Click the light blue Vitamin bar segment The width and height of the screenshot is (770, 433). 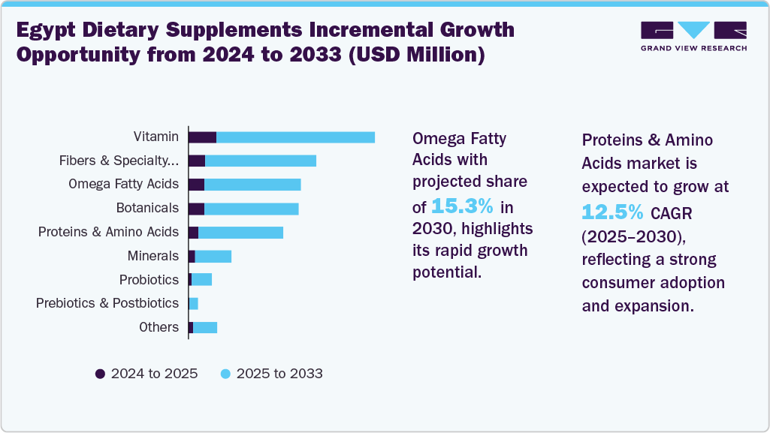pos(295,137)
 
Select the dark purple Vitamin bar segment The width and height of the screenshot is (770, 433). pos(202,137)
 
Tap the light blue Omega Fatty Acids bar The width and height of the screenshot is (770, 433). pos(252,185)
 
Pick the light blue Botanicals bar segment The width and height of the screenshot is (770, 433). pos(251,209)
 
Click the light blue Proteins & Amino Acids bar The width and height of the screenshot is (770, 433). pos(240,233)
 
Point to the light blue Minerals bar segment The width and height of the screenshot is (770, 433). pos(213,257)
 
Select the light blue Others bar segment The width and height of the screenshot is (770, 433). pos(205,327)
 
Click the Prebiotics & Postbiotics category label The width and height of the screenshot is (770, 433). pos(107,303)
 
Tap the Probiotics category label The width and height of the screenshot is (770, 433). pos(149,280)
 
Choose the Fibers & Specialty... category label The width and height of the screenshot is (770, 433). pos(119,161)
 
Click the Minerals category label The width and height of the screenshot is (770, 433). pos(153,256)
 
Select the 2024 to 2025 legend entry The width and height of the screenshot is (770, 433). pos(146,374)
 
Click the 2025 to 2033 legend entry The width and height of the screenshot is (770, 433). pos(271,374)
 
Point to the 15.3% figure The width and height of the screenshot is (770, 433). pos(462,206)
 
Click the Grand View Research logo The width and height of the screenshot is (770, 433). pos(693,36)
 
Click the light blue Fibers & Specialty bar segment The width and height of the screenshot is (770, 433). pos(260,161)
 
